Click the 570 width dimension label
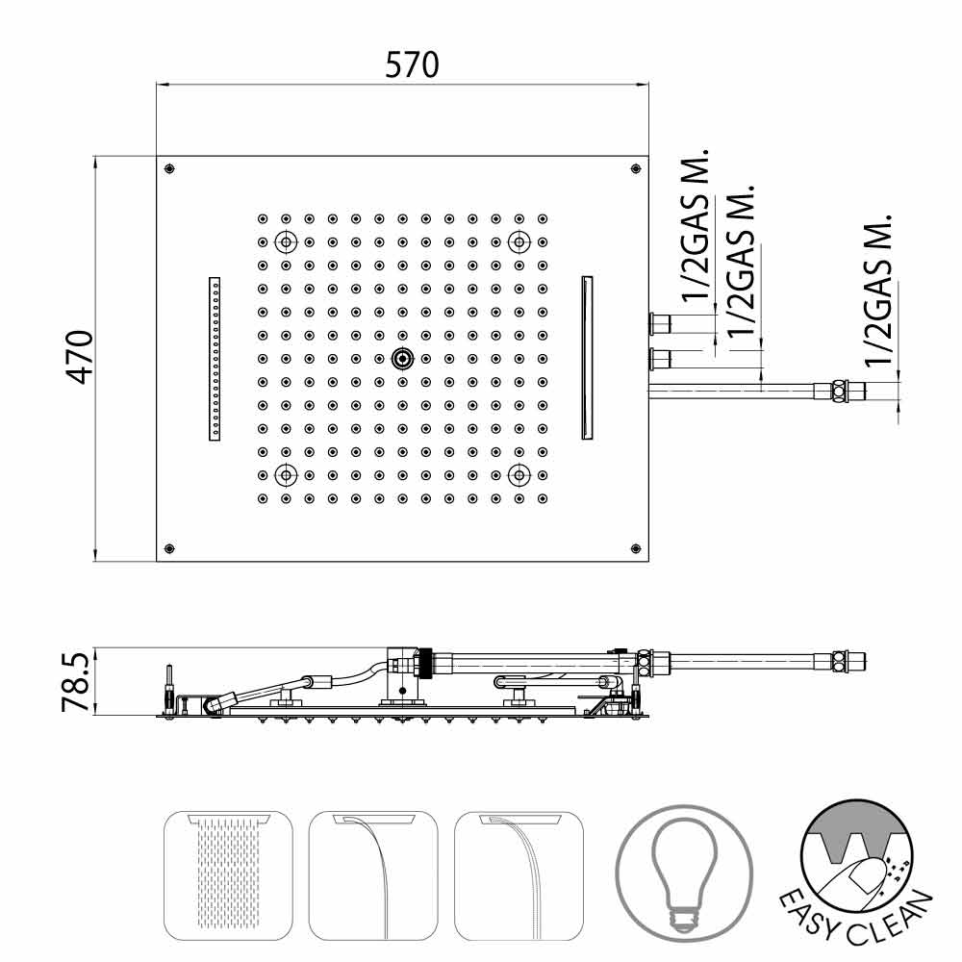412,65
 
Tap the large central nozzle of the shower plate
402,359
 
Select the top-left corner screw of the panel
169,168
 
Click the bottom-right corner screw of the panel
636,548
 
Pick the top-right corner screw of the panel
636,168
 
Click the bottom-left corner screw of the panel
169,548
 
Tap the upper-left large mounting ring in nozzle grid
286,241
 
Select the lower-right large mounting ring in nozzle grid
519,474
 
